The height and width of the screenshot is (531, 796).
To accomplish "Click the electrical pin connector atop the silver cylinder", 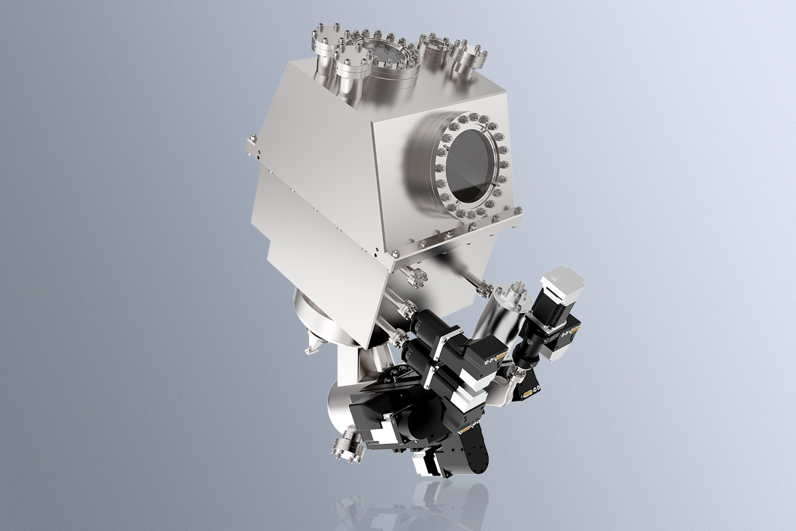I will [x=518, y=290].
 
